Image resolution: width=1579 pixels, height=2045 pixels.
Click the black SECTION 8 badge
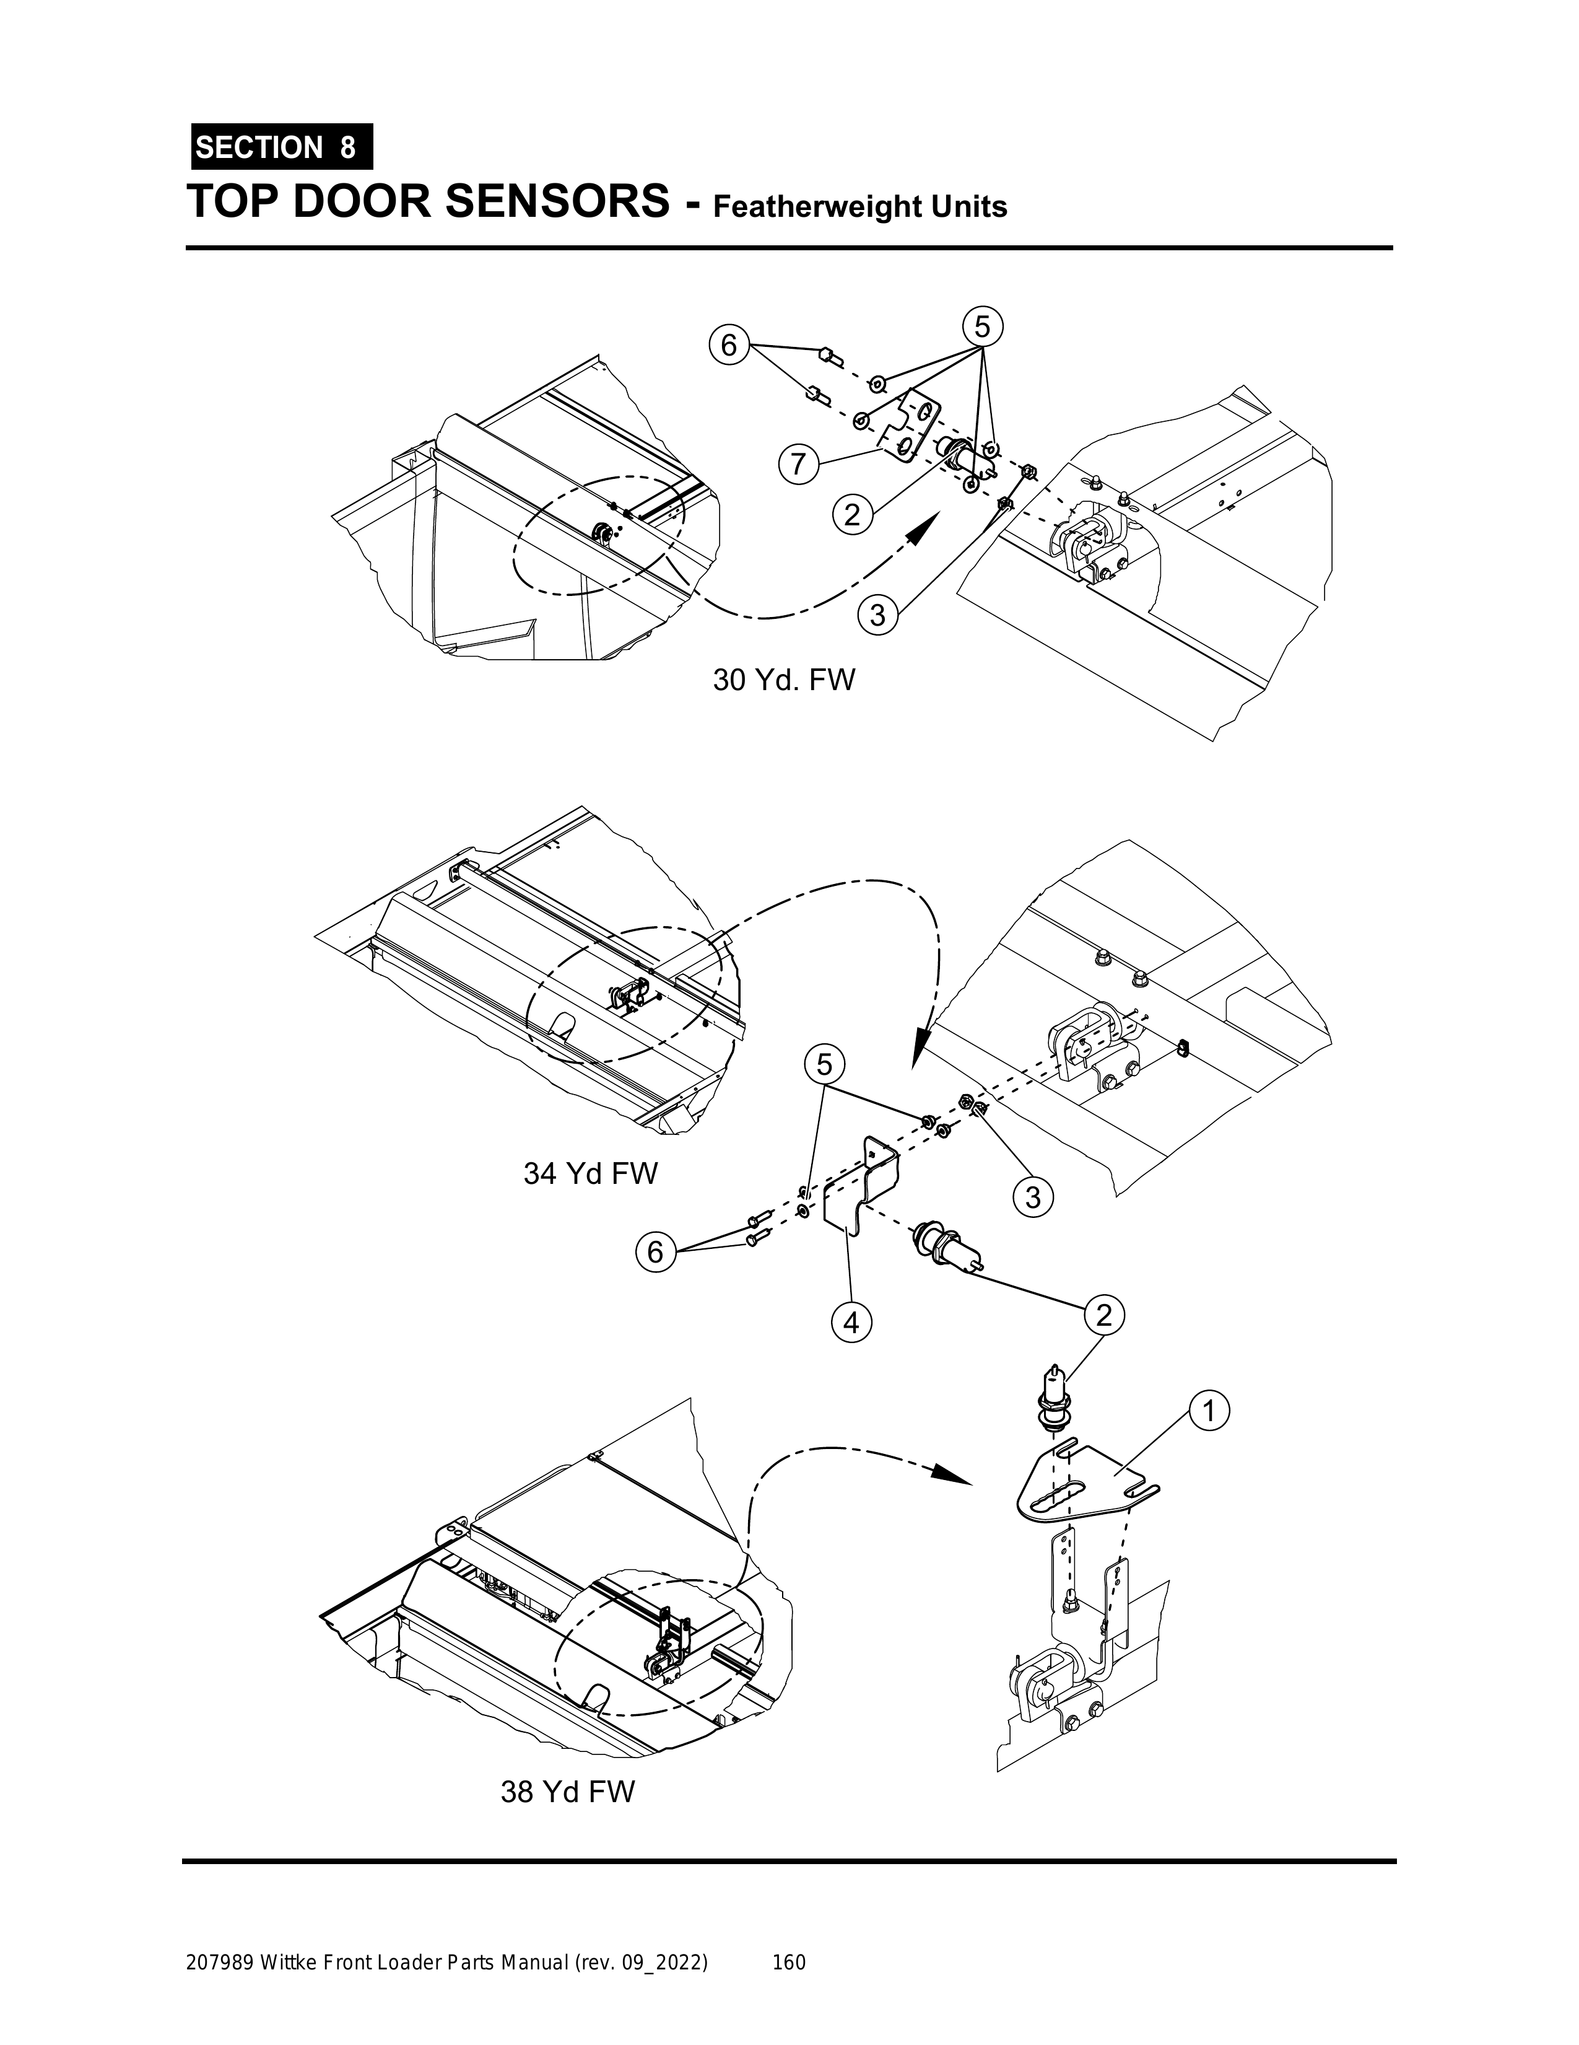(282, 147)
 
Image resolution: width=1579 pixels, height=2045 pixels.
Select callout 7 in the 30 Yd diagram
(796, 465)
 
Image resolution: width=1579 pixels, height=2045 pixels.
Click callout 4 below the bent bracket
(850, 1323)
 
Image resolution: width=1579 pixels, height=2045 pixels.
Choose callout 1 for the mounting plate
(1207, 1411)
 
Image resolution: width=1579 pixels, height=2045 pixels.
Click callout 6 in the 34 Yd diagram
(655, 1252)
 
